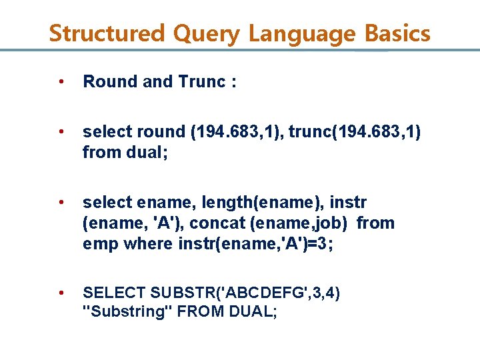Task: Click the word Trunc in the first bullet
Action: click(x=201, y=81)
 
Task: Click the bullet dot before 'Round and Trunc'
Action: click(x=61, y=81)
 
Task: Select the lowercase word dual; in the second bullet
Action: click(x=146, y=152)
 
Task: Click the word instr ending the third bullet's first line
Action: click(x=348, y=202)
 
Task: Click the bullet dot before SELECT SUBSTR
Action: click(x=61, y=293)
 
